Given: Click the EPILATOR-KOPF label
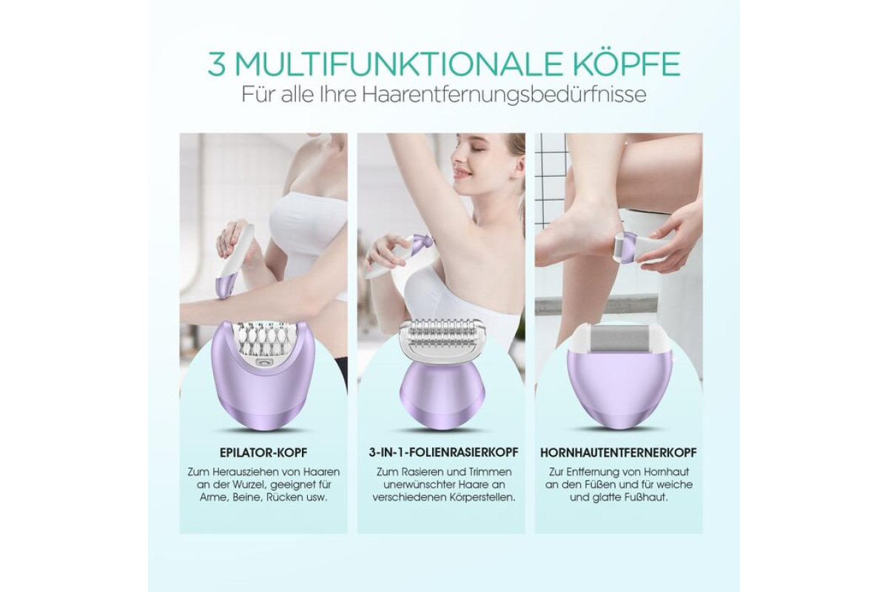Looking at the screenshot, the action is (263, 453).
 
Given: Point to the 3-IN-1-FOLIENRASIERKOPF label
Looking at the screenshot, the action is (443, 452).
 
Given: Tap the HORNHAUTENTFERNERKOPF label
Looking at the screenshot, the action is (619, 453).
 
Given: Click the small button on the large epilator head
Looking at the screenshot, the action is (263, 362).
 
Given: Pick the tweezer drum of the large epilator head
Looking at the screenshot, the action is (263, 340).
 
